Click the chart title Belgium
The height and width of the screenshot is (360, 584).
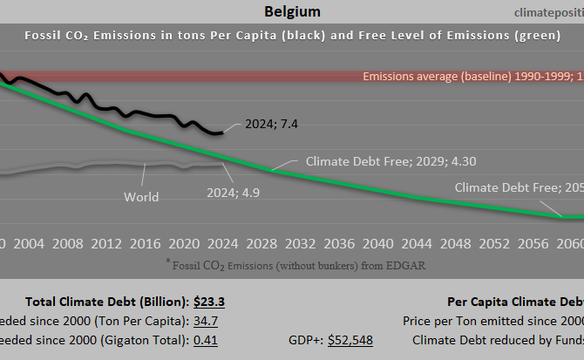pos(291,11)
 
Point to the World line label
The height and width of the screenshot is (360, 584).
pos(141,196)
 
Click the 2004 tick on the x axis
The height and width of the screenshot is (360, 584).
pos(31,242)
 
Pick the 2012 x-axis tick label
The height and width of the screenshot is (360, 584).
pos(106,242)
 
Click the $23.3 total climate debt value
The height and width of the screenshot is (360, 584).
pos(208,302)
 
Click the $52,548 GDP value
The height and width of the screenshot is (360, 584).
pos(350,341)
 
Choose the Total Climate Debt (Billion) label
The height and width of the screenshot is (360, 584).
pos(106,302)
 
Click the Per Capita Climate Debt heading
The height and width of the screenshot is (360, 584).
pos(514,302)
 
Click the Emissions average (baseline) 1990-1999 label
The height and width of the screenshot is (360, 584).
pos(472,77)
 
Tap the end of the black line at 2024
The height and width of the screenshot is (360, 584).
pos(223,132)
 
